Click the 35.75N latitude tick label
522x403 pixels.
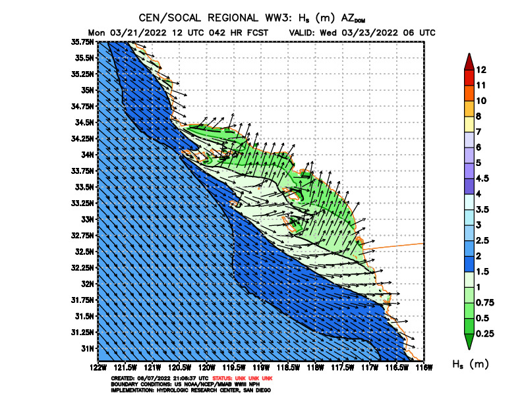(84, 41)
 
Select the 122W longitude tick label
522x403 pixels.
(98, 366)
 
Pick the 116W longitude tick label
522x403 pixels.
(423, 366)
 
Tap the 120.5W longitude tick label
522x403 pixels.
(180, 366)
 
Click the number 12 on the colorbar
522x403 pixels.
(481, 70)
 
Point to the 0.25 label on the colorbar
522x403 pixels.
(484, 335)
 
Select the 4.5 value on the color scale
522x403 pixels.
(483, 178)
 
